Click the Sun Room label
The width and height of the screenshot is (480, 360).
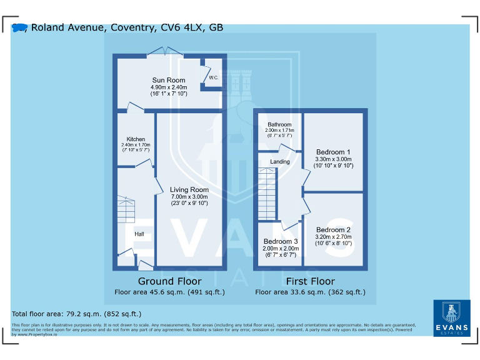169,80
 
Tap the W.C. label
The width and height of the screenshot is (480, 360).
214,78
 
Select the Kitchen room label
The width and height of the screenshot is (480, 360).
136,139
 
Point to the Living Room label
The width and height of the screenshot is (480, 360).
189,189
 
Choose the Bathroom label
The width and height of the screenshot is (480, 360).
279,124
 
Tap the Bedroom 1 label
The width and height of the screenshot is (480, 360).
333,152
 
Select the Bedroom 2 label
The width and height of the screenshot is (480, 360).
333,230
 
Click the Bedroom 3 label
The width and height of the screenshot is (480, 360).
281,241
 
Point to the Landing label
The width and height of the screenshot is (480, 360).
279,162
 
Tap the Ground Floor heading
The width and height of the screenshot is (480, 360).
169,281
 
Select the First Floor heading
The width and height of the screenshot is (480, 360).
310,281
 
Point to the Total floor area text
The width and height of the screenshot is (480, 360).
77,314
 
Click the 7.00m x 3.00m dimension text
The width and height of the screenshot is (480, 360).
189,196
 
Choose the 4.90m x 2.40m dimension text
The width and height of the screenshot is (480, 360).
169,87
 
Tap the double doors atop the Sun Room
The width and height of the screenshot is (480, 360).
165,52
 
